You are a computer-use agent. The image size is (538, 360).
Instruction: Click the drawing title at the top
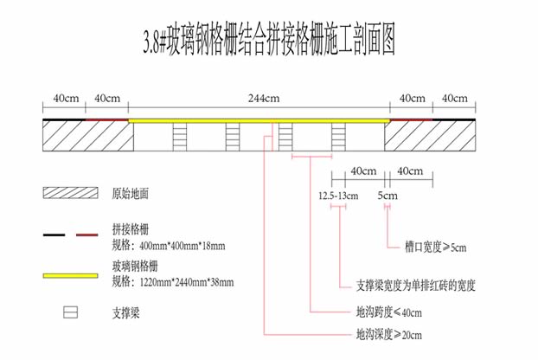(x=268, y=39)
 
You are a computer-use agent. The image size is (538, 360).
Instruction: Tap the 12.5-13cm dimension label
(x=338, y=196)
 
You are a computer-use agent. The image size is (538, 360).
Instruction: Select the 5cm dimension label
(x=387, y=196)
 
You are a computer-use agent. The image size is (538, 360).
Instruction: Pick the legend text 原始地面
(x=131, y=192)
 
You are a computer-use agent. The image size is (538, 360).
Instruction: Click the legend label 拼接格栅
(x=131, y=228)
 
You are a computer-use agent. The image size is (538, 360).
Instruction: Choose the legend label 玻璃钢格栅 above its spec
(x=135, y=266)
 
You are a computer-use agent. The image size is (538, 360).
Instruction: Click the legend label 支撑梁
(x=125, y=311)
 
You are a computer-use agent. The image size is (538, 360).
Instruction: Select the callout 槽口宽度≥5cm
(x=435, y=247)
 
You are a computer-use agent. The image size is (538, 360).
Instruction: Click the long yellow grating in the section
(x=257, y=121)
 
